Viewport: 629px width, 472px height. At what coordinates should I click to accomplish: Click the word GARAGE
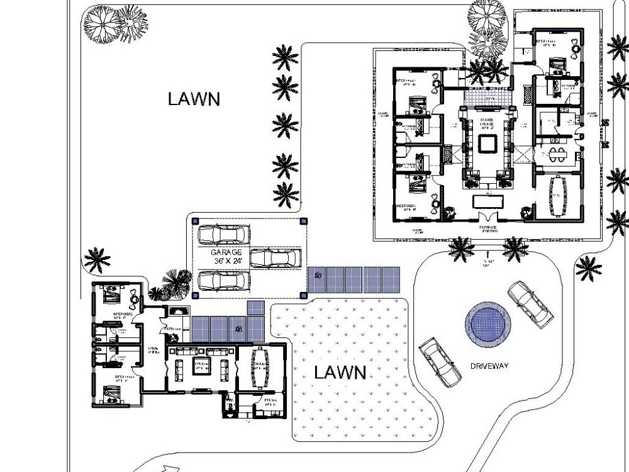coord(226,252)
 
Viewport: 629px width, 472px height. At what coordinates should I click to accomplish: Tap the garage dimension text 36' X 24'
coord(226,260)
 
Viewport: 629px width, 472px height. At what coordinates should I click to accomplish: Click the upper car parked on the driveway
coord(530,303)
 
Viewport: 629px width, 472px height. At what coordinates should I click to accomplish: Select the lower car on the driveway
coord(439,362)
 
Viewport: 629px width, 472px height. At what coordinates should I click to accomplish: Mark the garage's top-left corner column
coord(196,221)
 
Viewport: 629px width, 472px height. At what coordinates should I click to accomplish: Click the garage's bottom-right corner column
coord(304,294)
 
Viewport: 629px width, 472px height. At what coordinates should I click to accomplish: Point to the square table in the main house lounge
coord(486,144)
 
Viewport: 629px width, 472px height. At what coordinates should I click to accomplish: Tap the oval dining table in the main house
coord(557,196)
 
